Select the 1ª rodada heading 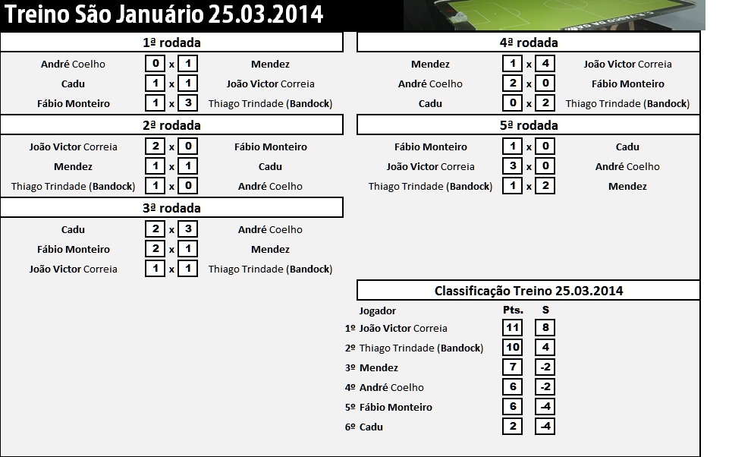[171, 43]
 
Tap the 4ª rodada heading [529, 43]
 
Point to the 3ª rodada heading [171, 208]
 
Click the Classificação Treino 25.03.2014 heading [529, 291]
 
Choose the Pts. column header [513, 310]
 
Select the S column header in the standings [545, 310]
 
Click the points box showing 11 [512, 328]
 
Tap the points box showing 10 [512, 348]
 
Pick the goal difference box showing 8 [545, 328]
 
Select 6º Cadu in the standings [364, 427]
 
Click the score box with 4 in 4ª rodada [545, 65]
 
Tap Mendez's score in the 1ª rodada [187, 65]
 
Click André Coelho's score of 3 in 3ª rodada [187, 230]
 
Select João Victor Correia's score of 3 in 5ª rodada [512, 167]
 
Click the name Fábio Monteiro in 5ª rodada [430, 147]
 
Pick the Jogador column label [377, 310]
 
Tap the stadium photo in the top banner [554, 14]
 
